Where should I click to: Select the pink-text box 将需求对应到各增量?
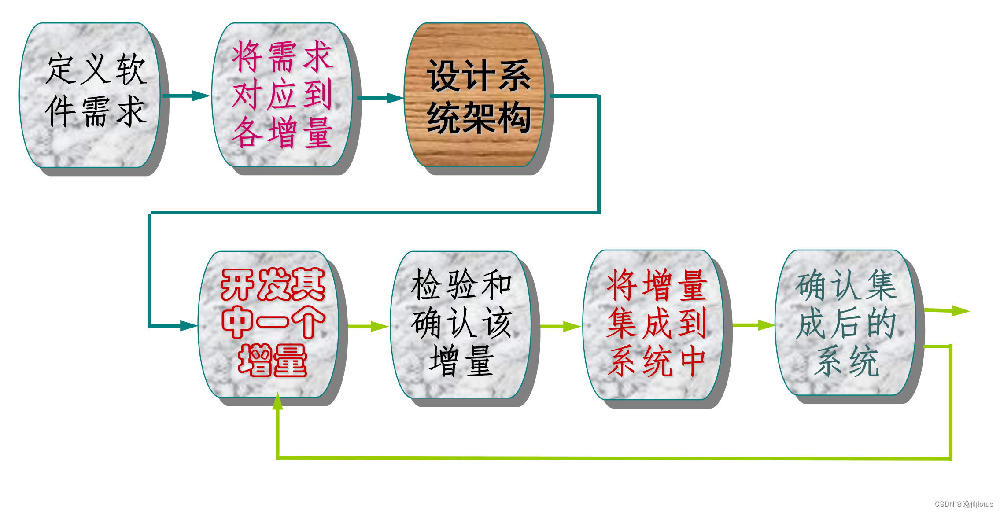click(282, 94)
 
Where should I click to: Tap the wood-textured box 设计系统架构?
click(475, 94)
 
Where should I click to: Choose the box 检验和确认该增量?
click(461, 324)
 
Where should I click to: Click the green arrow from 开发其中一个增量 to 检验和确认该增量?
click(368, 326)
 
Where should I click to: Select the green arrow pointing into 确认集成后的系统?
click(753, 325)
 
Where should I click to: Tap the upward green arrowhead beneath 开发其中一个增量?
click(277, 401)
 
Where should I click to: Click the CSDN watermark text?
click(963, 504)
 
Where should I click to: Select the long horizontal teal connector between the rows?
click(374, 213)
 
